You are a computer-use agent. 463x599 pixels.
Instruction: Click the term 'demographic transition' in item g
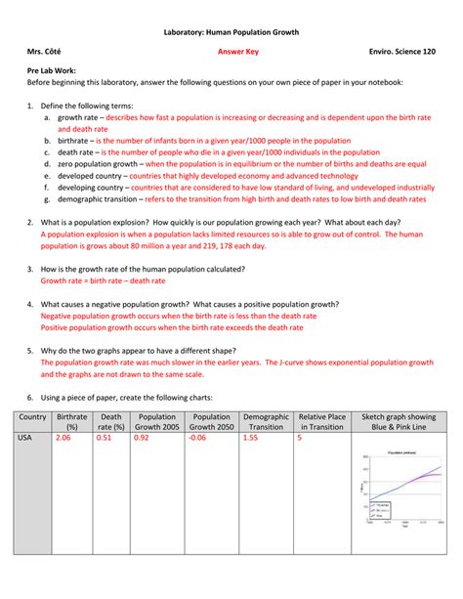click(x=102, y=198)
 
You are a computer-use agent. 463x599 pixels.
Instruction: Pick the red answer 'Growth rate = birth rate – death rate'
click(x=103, y=279)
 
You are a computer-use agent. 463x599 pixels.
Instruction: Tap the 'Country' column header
click(x=32, y=421)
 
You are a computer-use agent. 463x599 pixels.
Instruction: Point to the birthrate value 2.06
click(x=64, y=438)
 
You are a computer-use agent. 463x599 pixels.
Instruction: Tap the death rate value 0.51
click(x=104, y=438)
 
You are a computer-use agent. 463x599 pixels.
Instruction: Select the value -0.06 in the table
click(x=198, y=438)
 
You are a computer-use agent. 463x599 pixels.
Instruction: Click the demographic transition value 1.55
click(x=251, y=438)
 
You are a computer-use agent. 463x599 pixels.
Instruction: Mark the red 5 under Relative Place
click(x=300, y=438)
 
